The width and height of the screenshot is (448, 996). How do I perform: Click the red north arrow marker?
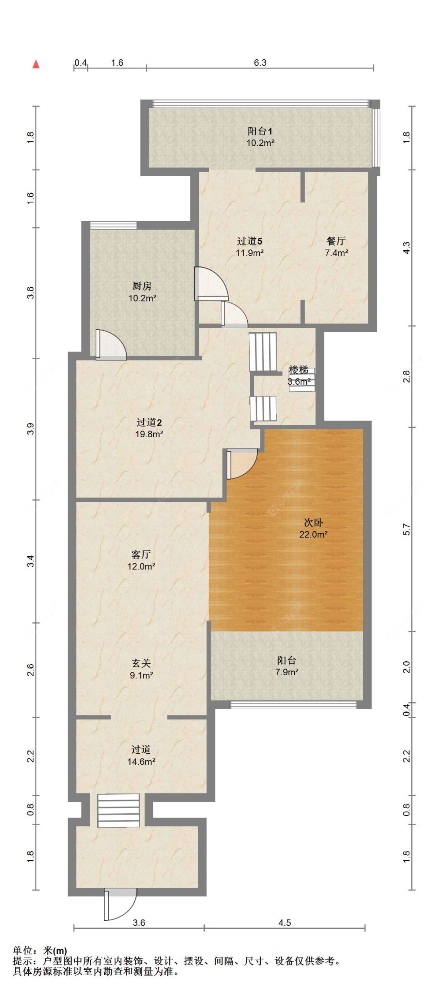pos(36,64)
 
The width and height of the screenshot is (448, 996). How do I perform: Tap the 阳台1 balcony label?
pos(260,131)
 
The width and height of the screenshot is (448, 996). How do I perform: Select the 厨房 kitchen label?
pos(142,286)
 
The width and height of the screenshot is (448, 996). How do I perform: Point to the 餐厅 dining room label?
pos(336,241)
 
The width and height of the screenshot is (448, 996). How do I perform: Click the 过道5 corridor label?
pos(250,241)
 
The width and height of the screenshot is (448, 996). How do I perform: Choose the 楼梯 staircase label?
pos(299,370)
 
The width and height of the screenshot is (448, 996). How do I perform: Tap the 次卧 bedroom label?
pos(313,522)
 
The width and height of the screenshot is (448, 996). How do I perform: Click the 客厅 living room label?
pos(141,554)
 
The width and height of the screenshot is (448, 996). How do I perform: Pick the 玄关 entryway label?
pos(141,663)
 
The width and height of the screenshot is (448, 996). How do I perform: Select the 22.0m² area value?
pos(313,534)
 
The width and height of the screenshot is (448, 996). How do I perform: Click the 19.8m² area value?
pos(149,434)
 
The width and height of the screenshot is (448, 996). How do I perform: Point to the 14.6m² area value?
pos(141,762)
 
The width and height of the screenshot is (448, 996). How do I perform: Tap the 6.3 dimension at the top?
pos(260,62)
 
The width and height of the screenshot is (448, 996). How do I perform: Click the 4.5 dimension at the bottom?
pos(285,922)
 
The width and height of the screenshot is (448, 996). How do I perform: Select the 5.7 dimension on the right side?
pos(406,529)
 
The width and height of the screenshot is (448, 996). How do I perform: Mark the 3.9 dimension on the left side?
pos(31,429)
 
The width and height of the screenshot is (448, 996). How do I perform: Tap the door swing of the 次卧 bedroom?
pos(242,464)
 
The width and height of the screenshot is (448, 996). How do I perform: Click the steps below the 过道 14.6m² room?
pos(118,811)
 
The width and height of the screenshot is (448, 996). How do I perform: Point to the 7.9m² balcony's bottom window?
pos(293,705)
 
